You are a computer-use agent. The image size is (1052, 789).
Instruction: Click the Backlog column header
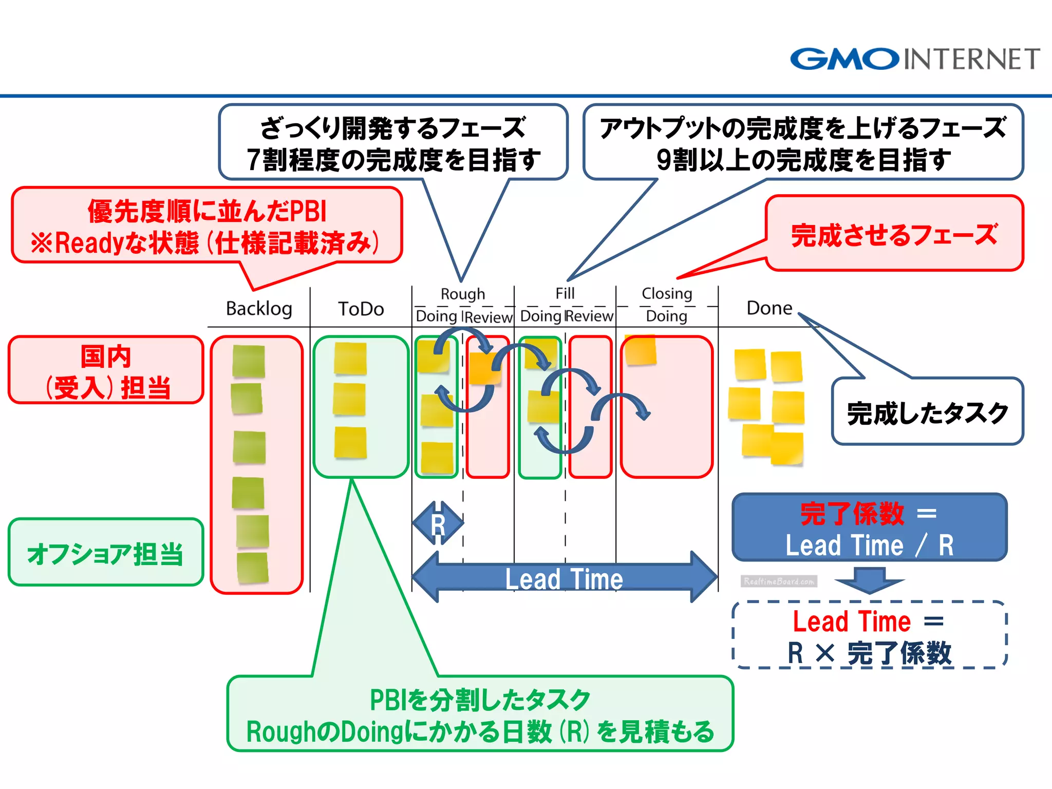tap(259, 309)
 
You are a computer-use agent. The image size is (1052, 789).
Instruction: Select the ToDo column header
tap(361, 309)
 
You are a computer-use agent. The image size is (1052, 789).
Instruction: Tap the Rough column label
tap(462, 294)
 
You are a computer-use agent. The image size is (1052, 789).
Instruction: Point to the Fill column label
tap(565, 293)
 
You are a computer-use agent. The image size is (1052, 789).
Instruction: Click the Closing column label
tap(667, 293)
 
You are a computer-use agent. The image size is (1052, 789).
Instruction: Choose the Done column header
tap(769, 308)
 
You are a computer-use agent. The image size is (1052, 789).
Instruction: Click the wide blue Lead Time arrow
tap(564, 578)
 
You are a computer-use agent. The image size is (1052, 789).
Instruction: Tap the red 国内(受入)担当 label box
tap(106, 370)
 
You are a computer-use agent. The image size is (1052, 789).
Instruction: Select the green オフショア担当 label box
tap(106, 553)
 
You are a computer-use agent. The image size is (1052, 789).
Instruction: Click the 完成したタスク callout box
tap(927, 412)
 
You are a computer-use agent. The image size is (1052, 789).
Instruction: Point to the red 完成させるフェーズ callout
tap(894, 234)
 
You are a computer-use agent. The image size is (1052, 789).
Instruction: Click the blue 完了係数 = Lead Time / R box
tap(869, 528)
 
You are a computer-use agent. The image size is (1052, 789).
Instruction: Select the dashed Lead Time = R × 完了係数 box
tap(869, 636)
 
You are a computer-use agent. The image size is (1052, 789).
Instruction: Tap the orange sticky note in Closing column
tap(640, 350)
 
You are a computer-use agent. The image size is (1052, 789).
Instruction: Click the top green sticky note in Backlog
tap(249, 361)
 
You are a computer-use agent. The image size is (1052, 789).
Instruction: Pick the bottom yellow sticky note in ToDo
tap(350, 442)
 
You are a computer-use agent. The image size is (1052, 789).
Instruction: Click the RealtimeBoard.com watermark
tap(779, 581)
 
